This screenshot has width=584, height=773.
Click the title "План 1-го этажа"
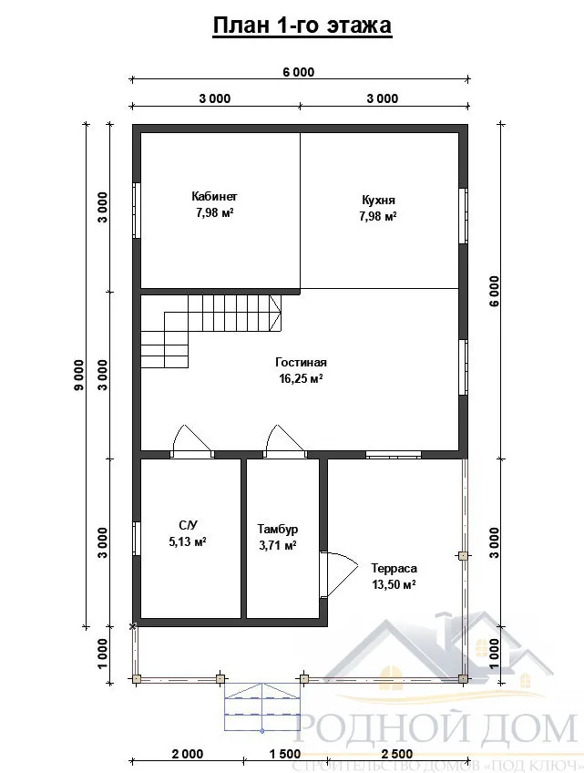point(302,26)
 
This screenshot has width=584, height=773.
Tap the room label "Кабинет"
point(214,196)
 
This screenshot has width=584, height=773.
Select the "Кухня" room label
point(378,201)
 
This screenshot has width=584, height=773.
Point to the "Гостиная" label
point(301,363)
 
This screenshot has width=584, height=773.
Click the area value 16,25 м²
point(301,378)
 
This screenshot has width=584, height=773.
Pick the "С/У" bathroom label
point(188,524)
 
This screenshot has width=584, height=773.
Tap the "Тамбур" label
point(278,529)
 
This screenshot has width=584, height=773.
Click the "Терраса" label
point(394,569)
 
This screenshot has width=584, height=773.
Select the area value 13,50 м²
point(394,584)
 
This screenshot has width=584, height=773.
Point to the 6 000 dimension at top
point(298,72)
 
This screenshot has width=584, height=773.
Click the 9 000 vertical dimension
point(79,375)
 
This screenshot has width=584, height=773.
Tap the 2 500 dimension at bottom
point(396,754)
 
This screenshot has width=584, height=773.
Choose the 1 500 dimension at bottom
point(285,754)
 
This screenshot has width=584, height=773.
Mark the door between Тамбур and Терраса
point(339,575)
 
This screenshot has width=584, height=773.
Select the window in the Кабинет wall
point(137,211)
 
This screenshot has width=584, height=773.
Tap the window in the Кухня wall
point(463,216)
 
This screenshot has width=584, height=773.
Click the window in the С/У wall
point(137,538)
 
